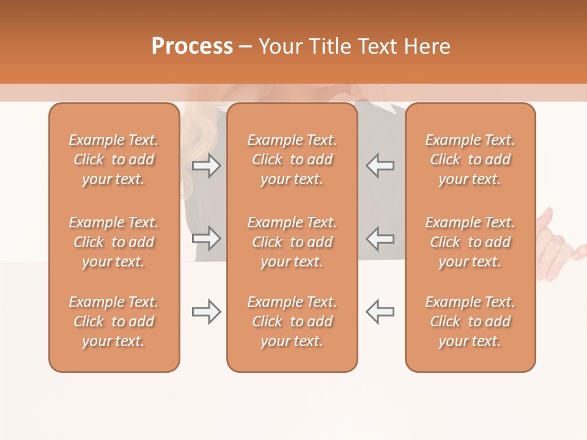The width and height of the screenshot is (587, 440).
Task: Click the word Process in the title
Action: [x=192, y=46]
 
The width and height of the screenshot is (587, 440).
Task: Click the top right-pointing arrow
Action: [x=206, y=166]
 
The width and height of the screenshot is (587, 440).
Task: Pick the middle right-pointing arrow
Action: [x=206, y=238]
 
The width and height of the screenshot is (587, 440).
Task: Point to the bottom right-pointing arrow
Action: [x=206, y=312]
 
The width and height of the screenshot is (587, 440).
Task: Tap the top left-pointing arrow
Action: [x=380, y=166]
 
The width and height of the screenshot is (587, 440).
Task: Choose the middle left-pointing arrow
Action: [x=380, y=238]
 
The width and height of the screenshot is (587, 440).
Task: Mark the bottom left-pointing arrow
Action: [x=380, y=312]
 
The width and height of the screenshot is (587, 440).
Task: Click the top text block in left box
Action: [x=114, y=159]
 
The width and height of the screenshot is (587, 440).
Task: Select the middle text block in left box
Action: [x=114, y=242]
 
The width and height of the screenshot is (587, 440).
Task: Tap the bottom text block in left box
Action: [x=114, y=321]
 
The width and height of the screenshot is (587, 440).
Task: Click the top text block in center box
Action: [x=292, y=159]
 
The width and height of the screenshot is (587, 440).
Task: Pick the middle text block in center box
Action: [x=292, y=242]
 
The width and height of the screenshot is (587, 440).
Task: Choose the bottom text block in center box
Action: [x=292, y=321]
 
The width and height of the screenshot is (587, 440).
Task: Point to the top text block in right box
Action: [x=470, y=159]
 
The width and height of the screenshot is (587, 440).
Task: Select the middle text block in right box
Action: [x=470, y=242]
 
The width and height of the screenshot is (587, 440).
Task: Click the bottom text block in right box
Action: [x=470, y=321]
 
